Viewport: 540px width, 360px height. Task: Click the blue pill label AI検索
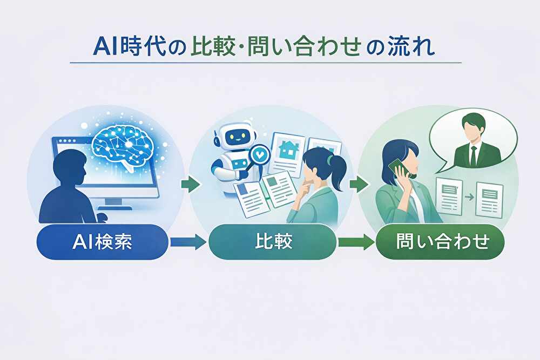click(x=102, y=242)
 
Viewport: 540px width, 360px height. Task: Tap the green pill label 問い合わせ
click(x=440, y=242)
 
